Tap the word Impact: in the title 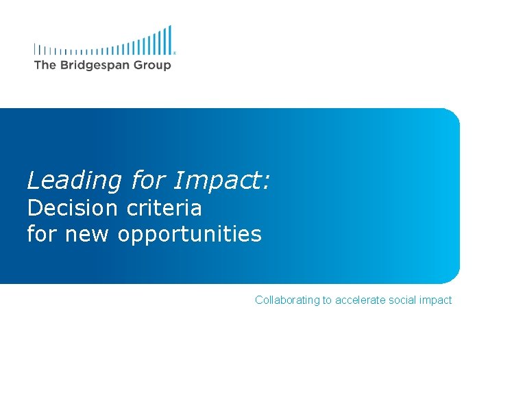click(x=223, y=181)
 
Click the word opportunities click(x=190, y=235)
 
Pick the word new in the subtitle click(x=89, y=235)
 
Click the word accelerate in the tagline click(x=361, y=300)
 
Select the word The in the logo click(x=44, y=66)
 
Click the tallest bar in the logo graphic click(x=169, y=40)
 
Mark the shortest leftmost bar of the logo click(x=36, y=49)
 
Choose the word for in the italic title click(x=147, y=181)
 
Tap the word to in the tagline click(x=326, y=300)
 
